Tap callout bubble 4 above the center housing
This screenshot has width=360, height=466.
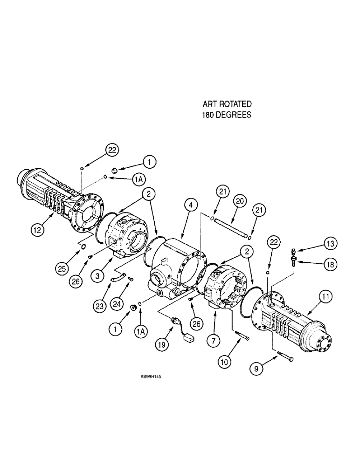188,204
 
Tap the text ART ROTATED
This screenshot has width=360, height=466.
227,103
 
